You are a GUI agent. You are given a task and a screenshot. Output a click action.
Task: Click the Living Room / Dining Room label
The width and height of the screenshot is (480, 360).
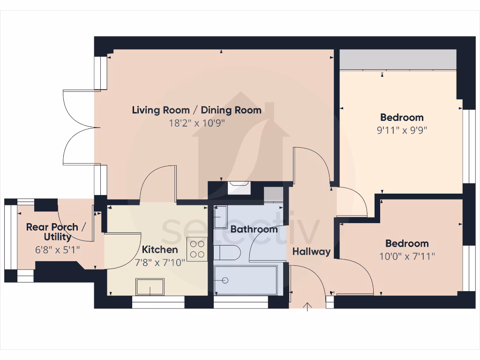pos(196,111)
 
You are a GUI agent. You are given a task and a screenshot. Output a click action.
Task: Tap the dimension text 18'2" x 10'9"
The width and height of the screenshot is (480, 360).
pos(196,124)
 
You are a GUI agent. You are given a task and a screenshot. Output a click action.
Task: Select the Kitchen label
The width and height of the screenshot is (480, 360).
pos(160,250)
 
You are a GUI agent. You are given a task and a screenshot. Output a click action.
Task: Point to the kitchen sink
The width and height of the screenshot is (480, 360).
pos(150,287)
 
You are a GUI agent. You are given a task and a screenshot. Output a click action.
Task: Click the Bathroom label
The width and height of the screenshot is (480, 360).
pos(254,229)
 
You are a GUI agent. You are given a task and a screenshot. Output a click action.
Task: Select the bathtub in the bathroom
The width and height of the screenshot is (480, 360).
pos(245,280)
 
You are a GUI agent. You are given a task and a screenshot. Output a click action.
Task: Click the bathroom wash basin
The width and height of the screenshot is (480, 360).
pos(220,217)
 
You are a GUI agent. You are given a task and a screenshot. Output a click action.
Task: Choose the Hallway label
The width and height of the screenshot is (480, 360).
pos(311,252)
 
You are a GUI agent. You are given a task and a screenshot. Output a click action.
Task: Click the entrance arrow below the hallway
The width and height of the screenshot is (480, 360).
pos(307,307)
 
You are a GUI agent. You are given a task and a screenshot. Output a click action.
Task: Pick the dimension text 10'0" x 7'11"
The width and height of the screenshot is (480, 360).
pos(407,256)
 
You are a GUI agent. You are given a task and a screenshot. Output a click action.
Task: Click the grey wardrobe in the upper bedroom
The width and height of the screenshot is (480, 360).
pos(397,60)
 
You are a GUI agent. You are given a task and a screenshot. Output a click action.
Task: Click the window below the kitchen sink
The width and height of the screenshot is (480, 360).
pos(158,305)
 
